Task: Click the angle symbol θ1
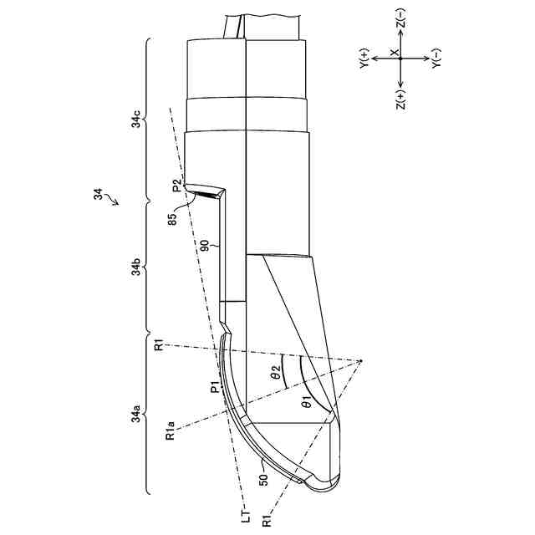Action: [307, 404]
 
